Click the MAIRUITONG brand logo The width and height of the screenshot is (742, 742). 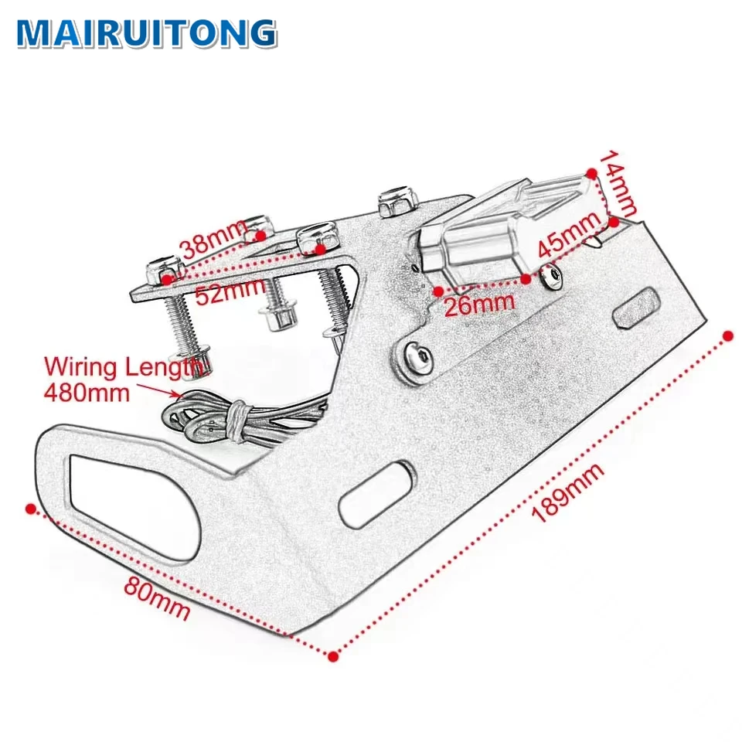(x=146, y=32)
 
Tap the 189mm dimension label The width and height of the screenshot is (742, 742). (x=568, y=494)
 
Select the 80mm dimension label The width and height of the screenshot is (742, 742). (x=157, y=598)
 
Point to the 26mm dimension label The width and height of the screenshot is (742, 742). (x=479, y=301)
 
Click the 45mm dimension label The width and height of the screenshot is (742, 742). (x=569, y=234)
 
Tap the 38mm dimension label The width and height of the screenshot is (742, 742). (x=213, y=241)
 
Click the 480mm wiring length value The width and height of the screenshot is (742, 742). (x=87, y=392)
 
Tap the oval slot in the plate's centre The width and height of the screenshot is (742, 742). (x=377, y=495)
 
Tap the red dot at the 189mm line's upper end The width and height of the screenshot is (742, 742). (x=727, y=335)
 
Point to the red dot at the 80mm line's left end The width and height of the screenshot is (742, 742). (x=30, y=509)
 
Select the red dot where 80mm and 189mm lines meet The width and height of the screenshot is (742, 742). (x=333, y=656)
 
